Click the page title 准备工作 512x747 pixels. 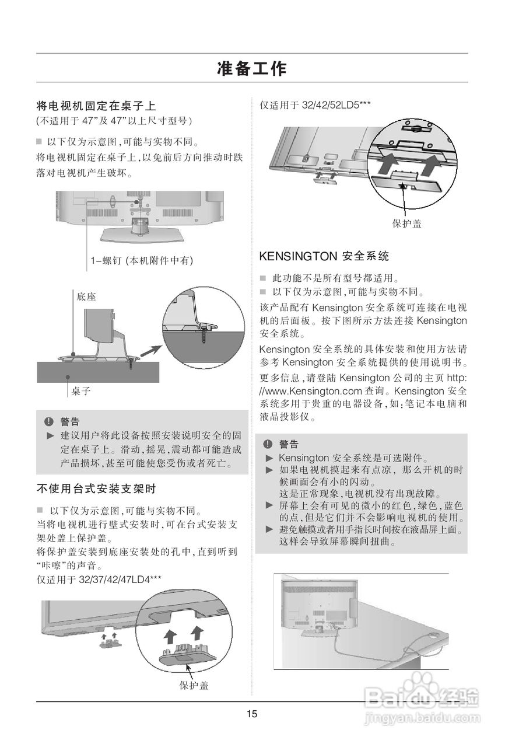(x=251, y=68)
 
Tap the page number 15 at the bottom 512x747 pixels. (x=251, y=714)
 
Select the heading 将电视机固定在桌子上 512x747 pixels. (x=96, y=106)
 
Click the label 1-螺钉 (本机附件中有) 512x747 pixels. (x=142, y=260)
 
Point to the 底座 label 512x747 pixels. (x=86, y=296)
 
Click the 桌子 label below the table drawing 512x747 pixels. (x=81, y=391)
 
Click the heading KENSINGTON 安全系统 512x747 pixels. (x=324, y=256)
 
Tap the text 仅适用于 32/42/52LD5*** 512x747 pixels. (x=315, y=105)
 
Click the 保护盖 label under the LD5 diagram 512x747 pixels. (x=406, y=224)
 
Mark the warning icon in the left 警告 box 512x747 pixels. (x=49, y=421)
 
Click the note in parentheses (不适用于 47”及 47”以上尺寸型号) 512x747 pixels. (x=114, y=121)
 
